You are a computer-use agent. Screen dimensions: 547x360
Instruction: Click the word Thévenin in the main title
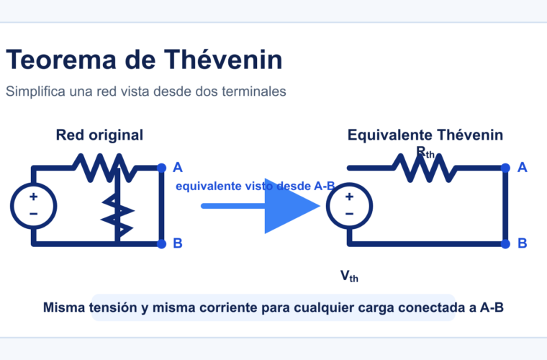(x=223, y=60)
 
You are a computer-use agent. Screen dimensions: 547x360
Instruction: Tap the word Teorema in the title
(x=61, y=60)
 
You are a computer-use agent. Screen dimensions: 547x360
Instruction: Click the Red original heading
(x=99, y=135)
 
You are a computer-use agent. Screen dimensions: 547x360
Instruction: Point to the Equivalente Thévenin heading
(x=425, y=135)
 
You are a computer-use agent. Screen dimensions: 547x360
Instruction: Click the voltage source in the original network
(x=34, y=206)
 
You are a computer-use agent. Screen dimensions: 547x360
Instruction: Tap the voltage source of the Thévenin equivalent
(x=350, y=206)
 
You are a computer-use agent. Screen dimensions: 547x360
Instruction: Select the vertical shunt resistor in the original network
(x=117, y=211)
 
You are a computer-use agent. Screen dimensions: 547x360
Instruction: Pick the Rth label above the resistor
(x=425, y=153)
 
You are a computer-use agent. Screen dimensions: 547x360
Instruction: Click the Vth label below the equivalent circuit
(x=349, y=276)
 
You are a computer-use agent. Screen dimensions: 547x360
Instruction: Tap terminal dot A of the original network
(x=161, y=168)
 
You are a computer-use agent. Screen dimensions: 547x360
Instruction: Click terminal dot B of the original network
(x=161, y=244)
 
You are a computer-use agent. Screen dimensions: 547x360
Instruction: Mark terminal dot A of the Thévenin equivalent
(x=505, y=168)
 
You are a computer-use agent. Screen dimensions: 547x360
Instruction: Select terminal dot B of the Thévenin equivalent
(x=505, y=244)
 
